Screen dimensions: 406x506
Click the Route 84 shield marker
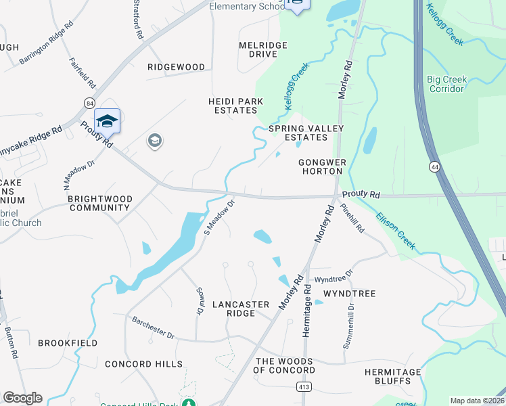[x=89, y=102]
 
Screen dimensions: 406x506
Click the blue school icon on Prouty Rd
[x=107, y=121]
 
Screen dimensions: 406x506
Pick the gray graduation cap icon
[x=154, y=141]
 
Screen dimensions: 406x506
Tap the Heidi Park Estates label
[x=235, y=106]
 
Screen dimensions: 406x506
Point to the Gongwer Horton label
[x=322, y=166]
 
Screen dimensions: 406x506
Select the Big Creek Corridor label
[x=446, y=84]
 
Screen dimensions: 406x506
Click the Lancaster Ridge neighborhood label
[x=241, y=309]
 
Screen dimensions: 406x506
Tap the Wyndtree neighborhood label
[x=349, y=294]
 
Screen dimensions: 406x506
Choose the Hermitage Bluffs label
[x=392, y=376]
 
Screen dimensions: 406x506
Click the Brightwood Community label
[x=100, y=203]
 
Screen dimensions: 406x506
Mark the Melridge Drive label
[x=263, y=49]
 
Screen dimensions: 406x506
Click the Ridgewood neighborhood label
[x=177, y=67]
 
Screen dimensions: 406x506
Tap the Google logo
[x=22, y=398]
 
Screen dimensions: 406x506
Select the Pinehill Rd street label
[x=353, y=218]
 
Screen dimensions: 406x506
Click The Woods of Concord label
[x=284, y=365]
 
